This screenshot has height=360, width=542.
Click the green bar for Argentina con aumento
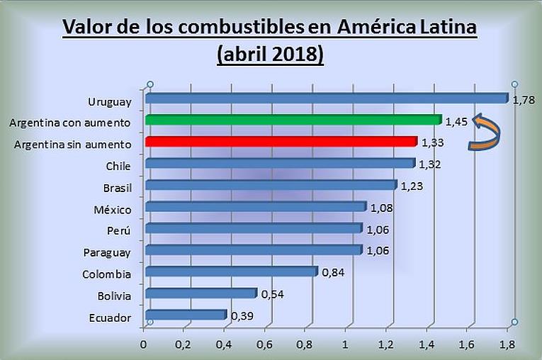pos(292,120)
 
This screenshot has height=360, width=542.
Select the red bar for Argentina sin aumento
pos(280,142)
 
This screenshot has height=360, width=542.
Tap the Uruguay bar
pos(326,99)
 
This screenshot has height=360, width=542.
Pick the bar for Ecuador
pos(185,315)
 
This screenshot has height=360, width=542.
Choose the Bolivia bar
pos(200,293)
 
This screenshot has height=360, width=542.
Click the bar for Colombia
pos(231,271)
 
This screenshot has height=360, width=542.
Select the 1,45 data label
pos(456,122)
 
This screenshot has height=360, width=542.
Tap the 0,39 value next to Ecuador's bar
pos(241,315)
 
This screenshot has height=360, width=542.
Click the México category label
pos(112,210)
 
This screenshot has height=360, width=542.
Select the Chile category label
pos(118,166)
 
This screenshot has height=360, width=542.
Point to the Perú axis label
pos(118,231)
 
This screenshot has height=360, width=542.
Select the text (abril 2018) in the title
pos(271,54)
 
